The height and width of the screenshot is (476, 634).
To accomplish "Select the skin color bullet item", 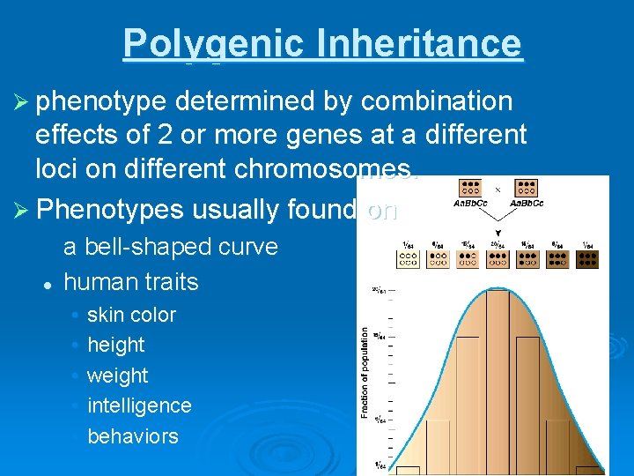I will click(x=131, y=315).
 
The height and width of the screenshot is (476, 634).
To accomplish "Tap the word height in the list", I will click(x=115, y=345).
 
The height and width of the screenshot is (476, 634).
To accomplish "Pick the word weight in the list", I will click(x=117, y=376).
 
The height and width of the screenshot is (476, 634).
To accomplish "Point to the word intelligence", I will click(x=139, y=405).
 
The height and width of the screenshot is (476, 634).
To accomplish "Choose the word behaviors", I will click(x=132, y=436).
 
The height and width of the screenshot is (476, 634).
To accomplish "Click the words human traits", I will click(x=131, y=282).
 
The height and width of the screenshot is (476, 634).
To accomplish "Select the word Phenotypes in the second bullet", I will click(x=111, y=210).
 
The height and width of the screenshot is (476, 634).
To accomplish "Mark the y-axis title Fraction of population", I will click(x=364, y=371).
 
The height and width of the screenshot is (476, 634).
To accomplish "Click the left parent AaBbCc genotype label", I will click(x=470, y=203).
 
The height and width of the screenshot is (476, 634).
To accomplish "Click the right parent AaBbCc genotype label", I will click(x=527, y=203).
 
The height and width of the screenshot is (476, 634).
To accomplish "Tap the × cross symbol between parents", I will click(x=498, y=189).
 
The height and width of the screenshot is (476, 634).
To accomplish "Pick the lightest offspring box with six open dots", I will click(x=408, y=257).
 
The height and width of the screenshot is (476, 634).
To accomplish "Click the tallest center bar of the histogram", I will click(x=498, y=379).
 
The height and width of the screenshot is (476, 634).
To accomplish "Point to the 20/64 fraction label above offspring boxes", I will click(x=498, y=244).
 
